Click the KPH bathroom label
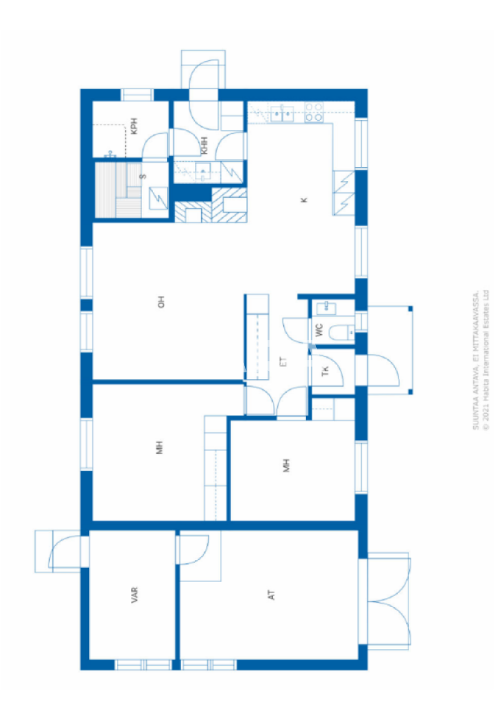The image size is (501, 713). (134, 126)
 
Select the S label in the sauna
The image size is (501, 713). (143, 176)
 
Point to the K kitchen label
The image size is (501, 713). (304, 200)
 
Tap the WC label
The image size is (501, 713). (320, 330)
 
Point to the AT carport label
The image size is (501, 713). (272, 595)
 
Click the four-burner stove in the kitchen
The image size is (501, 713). (313, 112)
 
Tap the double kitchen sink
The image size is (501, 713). (282, 112)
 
